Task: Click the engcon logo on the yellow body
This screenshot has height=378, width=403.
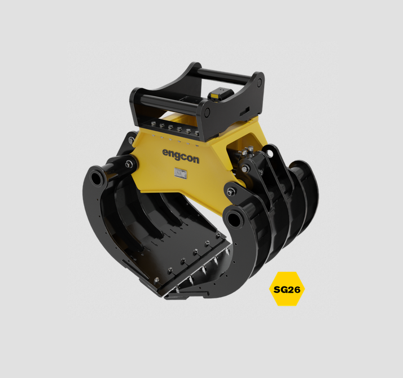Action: click(x=181, y=156)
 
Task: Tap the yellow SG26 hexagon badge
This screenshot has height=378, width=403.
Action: click(x=287, y=289)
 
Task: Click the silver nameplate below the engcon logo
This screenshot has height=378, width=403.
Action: click(x=181, y=173)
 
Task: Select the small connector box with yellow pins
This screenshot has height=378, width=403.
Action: click(x=218, y=94)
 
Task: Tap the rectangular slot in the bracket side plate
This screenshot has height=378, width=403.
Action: click(x=244, y=111)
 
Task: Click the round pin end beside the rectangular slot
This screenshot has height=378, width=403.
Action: click(x=207, y=112)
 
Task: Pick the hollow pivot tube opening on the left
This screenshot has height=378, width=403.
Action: click(x=95, y=178)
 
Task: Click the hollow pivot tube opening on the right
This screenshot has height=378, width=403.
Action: click(x=234, y=219)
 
